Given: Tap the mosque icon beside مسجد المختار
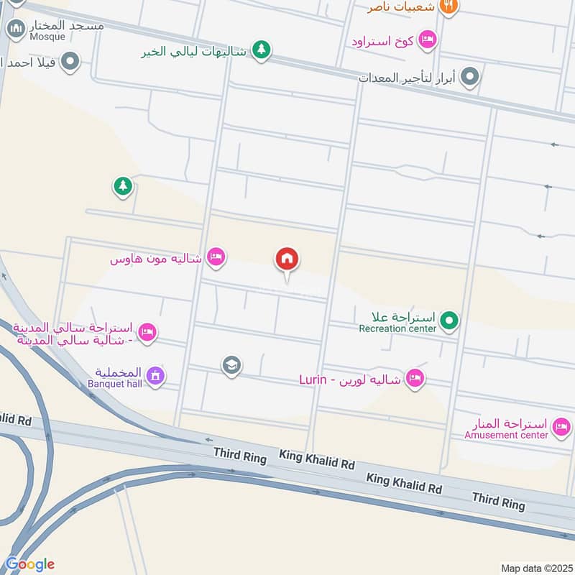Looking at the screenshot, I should tap(16, 29).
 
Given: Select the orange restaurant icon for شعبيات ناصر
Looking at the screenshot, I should tap(448, 6).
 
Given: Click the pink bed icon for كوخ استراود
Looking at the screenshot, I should tap(427, 40).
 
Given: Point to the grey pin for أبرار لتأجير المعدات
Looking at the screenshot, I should tap(470, 76).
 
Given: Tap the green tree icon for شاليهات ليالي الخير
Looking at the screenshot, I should tap(262, 50).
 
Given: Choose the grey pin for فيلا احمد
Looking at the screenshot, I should tap(70, 62).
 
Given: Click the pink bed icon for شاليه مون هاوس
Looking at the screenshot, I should tap(216, 257).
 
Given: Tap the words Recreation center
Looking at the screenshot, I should tap(397, 328).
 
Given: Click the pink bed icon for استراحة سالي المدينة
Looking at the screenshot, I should tap(148, 332).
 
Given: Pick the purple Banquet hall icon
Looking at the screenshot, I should tap(155, 375).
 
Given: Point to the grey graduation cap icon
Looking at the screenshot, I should tap(231, 366).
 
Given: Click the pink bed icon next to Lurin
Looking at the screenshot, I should tap(414, 378).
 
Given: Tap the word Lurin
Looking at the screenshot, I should tap(313, 379).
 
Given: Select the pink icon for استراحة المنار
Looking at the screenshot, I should tap(562, 428).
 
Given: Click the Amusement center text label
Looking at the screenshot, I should tap(506, 435).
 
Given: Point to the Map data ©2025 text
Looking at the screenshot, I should tap(535, 568).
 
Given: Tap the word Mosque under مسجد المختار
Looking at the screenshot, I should tap(47, 36).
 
